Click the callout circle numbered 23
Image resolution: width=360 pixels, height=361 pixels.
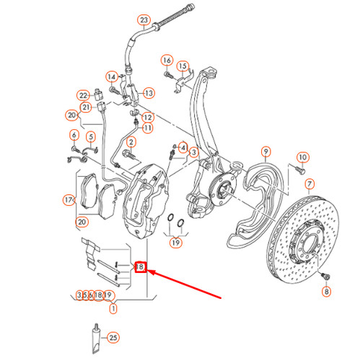[144, 19]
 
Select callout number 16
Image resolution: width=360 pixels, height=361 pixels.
[167, 60]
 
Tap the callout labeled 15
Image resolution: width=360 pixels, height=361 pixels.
[183, 66]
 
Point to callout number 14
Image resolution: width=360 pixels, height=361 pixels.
[112, 77]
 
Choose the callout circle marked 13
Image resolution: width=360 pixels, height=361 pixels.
[149, 93]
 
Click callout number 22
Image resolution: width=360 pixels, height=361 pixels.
[84, 95]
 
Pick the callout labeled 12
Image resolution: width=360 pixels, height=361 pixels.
[148, 117]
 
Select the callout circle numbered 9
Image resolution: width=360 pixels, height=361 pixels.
[265, 152]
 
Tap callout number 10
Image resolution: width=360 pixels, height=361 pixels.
[302, 157]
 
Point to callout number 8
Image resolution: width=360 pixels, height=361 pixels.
[325, 291]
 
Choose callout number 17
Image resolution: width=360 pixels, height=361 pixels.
[69, 199]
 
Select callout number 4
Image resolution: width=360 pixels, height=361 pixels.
[183, 147]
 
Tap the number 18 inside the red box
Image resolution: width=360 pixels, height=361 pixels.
[141, 267]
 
